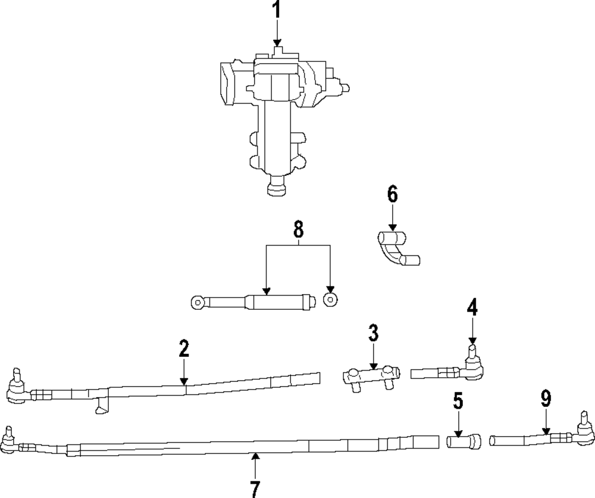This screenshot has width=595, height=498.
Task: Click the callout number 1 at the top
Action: pos(276,11)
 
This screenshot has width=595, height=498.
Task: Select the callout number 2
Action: pos(184,348)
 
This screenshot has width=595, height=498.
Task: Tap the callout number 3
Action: pos(373,333)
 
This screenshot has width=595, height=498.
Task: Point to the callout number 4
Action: pos(472,308)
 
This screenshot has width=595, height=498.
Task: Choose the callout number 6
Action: pos(392,194)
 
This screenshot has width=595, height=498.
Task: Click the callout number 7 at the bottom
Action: pos(255,487)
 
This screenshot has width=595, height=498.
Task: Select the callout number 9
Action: pos(546,399)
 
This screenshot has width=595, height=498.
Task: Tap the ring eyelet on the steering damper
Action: pos(198,303)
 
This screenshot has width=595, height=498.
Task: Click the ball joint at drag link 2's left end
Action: pos(16,387)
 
